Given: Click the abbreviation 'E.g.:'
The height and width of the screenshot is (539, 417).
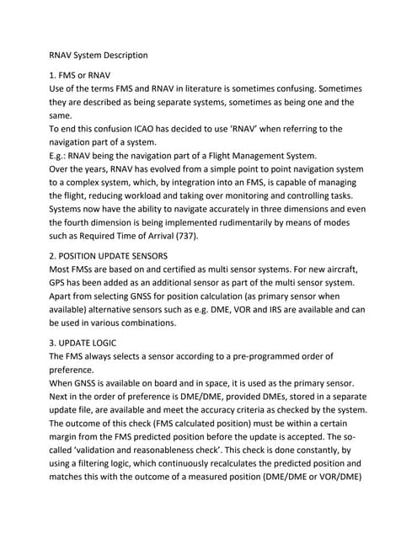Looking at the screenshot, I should [60, 157].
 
